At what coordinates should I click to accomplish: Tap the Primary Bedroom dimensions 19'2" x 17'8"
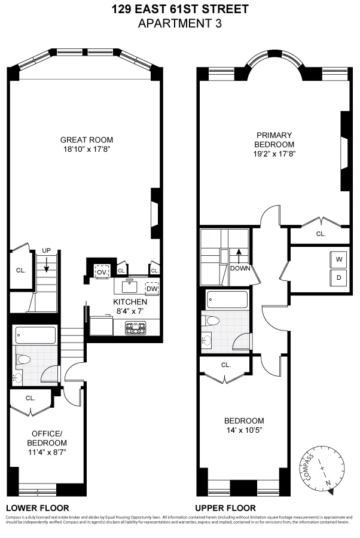click(274, 154)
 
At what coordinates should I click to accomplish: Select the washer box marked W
click(338, 259)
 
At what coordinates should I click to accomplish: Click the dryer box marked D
click(338, 277)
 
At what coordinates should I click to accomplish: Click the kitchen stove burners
click(135, 327)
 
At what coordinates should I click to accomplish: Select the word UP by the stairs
click(45, 251)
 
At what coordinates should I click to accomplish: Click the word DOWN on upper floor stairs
click(239, 268)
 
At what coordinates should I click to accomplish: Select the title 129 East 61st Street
click(180, 10)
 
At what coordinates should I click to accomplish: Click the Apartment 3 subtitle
click(180, 23)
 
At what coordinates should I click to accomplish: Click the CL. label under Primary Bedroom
click(321, 234)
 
